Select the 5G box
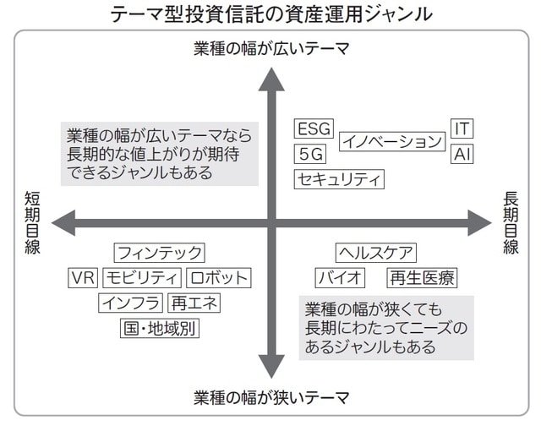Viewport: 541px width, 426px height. coord(310,154)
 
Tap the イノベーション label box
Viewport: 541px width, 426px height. coord(391,142)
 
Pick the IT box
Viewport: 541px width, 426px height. coord(462,128)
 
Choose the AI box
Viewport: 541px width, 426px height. coord(462,155)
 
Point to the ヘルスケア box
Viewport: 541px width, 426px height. coord(375,252)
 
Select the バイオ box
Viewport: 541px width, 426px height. coord(341,277)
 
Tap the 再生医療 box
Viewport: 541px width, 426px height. coord(421,277)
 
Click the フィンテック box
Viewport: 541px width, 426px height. coord(160,252)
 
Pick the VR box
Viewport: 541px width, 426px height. coord(83,277)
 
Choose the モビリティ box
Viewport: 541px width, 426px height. coord(142,277)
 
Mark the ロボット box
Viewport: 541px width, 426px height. coord(218,277)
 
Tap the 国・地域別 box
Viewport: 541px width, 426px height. coord(159,328)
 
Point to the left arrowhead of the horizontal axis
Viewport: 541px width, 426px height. coord(61,224)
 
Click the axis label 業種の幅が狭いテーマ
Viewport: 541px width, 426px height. coord(270,398)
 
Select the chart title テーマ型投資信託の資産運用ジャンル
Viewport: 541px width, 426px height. coord(270,14)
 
